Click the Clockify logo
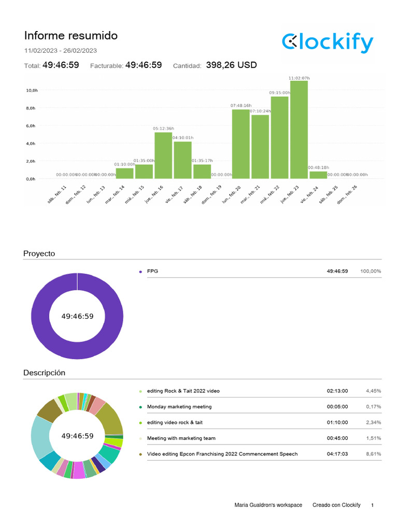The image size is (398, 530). tap(327, 42)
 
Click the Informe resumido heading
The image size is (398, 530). tap(71, 36)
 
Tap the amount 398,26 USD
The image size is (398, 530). tap(231, 65)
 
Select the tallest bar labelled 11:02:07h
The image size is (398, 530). tap(299, 129)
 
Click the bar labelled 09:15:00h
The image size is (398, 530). tap(280, 137)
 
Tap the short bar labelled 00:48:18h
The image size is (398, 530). tap(318, 175)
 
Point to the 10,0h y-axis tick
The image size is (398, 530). tap(32, 91)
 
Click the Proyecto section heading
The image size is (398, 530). tap(39, 254)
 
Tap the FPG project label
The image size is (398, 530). tap(152, 271)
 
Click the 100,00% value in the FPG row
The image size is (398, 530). tap(371, 271)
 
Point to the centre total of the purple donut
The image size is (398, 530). tap(77, 316)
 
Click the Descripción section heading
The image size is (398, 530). tap(45, 373)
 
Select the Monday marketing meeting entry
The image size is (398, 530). tap(179, 407)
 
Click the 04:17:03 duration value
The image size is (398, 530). tap(337, 454)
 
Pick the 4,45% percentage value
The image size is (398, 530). tap(373, 391)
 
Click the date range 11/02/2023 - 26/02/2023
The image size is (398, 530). tap(61, 51)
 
